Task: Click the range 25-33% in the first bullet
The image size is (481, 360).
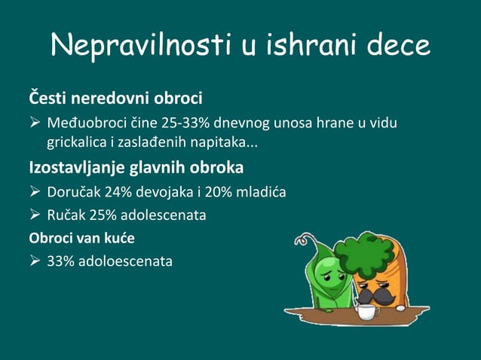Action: [185, 123]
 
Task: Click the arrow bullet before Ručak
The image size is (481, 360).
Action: [35, 215]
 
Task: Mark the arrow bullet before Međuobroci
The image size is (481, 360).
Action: [35, 123]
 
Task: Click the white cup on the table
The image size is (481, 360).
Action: [367, 311]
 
